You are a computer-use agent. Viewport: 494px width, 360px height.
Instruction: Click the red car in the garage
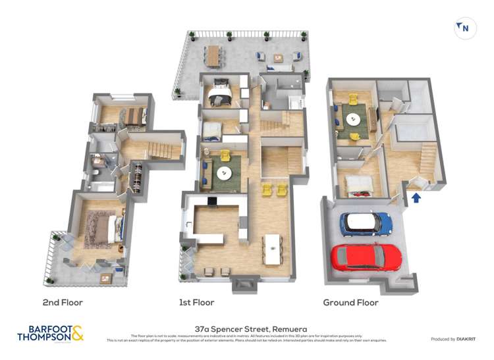click(x=367, y=257)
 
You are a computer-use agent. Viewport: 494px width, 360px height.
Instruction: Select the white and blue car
click(x=366, y=224)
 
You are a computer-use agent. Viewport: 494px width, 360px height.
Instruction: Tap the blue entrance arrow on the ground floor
click(x=416, y=197)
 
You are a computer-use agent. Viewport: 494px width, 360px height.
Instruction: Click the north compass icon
click(x=464, y=28)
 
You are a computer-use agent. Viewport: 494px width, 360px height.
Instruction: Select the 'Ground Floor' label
click(x=350, y=303)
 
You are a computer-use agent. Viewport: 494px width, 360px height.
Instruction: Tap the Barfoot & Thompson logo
click(x=51, y=333)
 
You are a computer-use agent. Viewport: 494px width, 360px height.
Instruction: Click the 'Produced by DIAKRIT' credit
click(x=453, y=339)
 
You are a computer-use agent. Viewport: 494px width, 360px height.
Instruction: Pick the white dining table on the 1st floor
click(x=271, y=249)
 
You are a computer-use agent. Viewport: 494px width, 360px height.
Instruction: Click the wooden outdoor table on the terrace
click(x=213, y=56)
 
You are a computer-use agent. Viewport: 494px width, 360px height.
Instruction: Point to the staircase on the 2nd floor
click(x=159, y=147)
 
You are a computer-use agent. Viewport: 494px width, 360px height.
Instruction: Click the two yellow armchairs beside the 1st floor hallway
click(x=275, y=190)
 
